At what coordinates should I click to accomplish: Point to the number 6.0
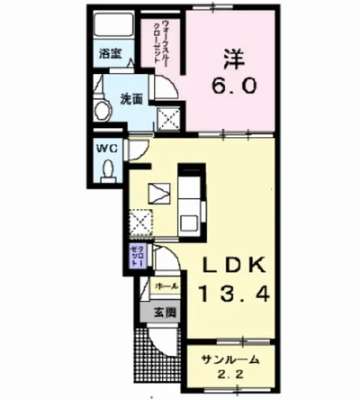coord(236,87)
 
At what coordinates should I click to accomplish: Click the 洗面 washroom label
coord(131,99)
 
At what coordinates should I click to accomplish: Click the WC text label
coord(106,145)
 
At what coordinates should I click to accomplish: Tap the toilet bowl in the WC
coord(108,168)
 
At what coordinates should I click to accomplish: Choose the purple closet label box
coord(137,255)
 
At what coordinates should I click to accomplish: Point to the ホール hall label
coord(166,286)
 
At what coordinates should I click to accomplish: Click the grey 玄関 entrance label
coord(164,313)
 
